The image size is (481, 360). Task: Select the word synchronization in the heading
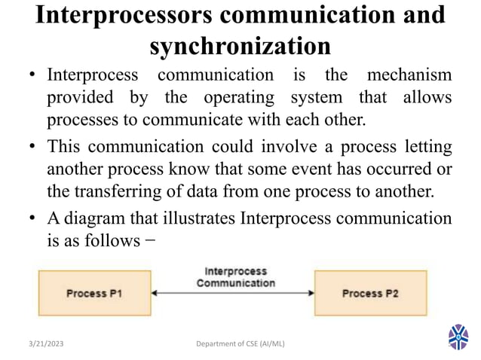[x=240, y=46]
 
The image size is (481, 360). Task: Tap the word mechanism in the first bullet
[x=409, y=76]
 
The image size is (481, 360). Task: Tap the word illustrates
[x=196, y=219]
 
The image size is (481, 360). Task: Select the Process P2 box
[x=369, y=293]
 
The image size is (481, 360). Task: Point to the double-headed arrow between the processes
[x=233, y=293]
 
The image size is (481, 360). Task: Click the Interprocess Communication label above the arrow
[x=234, y=277]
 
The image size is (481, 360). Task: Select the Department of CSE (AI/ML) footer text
[x=240, y=344]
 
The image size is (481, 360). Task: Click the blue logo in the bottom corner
[x=458, y=337]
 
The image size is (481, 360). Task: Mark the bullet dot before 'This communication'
[x=35, y=146]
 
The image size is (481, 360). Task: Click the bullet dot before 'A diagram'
[x=35, y=220]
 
